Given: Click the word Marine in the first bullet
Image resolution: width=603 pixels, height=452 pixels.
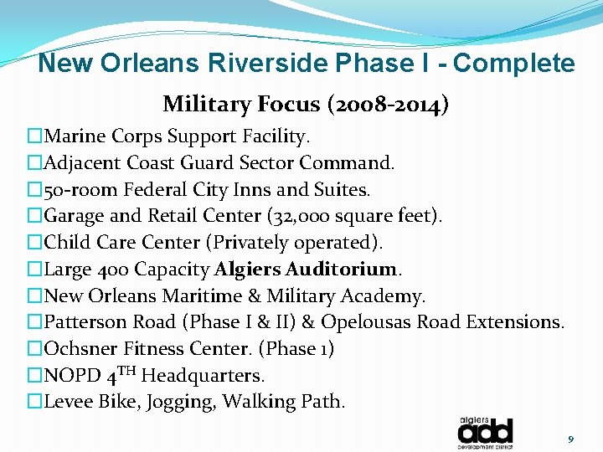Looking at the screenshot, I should click(x=74, y=136).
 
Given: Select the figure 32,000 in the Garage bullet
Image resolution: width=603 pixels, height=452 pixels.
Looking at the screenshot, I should click(x=308, y=216).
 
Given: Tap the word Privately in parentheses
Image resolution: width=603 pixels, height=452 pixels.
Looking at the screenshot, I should click(x=255, y=243).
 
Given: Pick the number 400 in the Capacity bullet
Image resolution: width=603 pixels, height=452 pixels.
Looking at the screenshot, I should click(x=113, y=270).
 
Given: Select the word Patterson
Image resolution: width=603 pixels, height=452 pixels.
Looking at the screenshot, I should click(x=85, y=322).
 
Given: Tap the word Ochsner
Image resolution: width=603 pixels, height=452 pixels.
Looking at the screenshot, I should click(x=79, y=349).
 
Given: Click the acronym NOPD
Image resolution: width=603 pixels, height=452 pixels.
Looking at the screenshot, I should click(x=70, y=376).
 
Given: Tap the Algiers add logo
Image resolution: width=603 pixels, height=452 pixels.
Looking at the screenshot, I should click(x=485, y=430).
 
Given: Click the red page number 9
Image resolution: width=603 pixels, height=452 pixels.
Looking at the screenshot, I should click(x=570, y=439).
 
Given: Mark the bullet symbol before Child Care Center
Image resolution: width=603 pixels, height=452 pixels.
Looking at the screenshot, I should click(x=34, y=243).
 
